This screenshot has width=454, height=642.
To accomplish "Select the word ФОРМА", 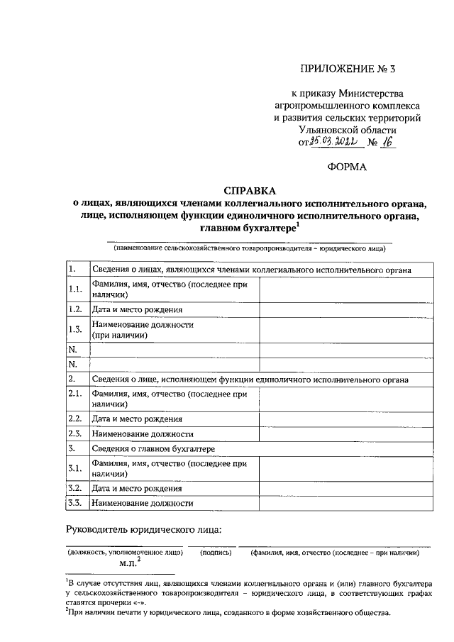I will click(x=347, y=167).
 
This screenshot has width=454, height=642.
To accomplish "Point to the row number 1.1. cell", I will click(x=76, y=290).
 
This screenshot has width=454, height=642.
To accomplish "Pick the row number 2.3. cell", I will click(x=76, y=433).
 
